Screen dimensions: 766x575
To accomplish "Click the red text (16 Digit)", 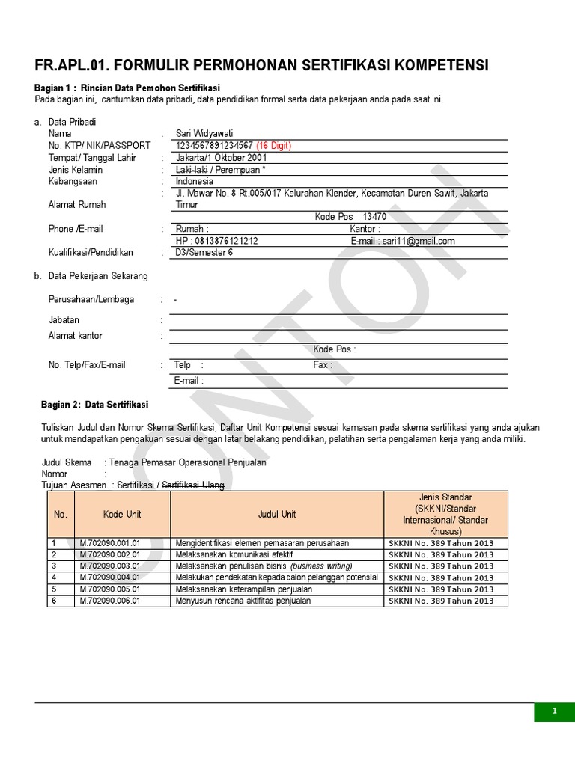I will [x=273, y=145].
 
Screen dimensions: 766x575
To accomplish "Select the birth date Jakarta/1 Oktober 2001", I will [x=221, y=158].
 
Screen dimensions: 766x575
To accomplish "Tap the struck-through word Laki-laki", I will [x=191, y=170].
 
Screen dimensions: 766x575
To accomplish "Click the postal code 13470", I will [x=374, y=217].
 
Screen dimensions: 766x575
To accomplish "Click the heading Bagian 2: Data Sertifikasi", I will [x=94, y=405].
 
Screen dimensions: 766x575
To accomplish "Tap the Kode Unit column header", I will [x=122, y=514].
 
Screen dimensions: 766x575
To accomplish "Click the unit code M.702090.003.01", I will [x=110, y=566].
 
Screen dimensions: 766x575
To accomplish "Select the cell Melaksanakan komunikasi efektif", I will [x=234, y=554].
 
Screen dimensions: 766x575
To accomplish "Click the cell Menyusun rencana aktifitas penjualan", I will [x=243, y=601].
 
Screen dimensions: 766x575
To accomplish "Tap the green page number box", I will [x=554, y=711].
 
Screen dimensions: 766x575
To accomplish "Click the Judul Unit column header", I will [x=277, y=514].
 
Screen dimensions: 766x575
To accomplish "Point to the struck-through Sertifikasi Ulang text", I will [x=193, y=485].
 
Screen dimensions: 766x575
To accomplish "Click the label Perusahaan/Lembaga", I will [x=91, y=300].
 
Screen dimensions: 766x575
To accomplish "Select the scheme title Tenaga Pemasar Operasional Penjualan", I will [x=187, y=462].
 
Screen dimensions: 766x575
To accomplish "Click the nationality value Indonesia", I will [x=195, y=181].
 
